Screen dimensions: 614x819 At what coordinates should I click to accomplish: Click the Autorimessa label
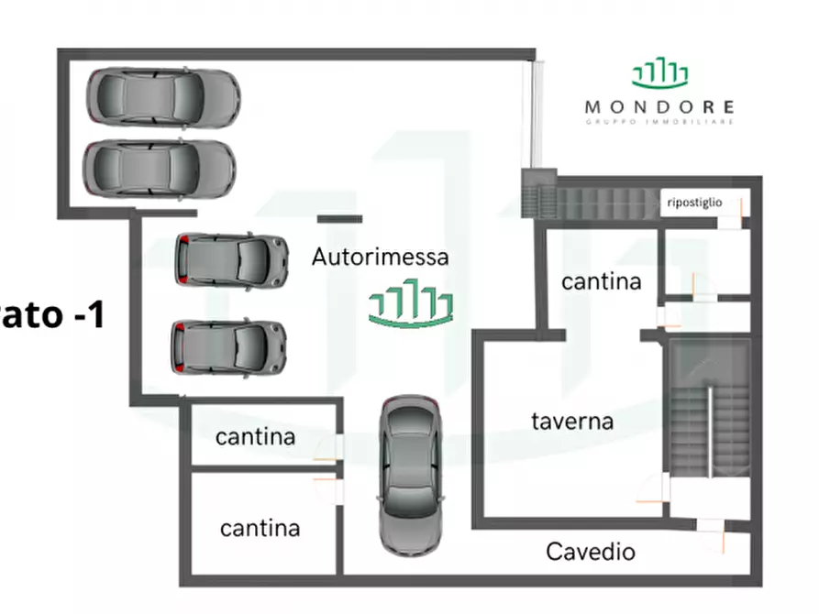[x=381, y=257]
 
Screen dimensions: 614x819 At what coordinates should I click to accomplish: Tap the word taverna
[x=572, y=422]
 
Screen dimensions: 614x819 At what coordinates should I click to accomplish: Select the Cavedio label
[x=591, y=552]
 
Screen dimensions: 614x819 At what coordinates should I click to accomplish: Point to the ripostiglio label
[x=695, y=203]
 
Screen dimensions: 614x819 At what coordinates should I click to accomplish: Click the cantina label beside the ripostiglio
[x=601, y=281]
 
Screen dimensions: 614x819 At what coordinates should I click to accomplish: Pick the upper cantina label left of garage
[x=256, y=437]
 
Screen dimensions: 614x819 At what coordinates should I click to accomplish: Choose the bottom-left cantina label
[x=260, y=528]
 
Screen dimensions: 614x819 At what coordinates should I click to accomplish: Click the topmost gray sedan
[x=163, y=96]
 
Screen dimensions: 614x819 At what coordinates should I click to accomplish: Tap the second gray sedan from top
[x=159, y=169]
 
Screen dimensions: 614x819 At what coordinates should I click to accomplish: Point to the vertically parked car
[x=410, y=475]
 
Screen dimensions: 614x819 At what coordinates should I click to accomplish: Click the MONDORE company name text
[x=659, y=106]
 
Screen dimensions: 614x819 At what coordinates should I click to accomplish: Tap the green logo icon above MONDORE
[x=659, y=73]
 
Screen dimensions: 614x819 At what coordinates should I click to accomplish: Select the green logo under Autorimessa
[x=412, y=306]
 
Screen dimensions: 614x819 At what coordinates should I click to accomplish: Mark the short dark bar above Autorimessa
[x=339, y=219]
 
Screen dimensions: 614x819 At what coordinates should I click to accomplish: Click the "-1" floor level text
[x=77, y=316]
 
